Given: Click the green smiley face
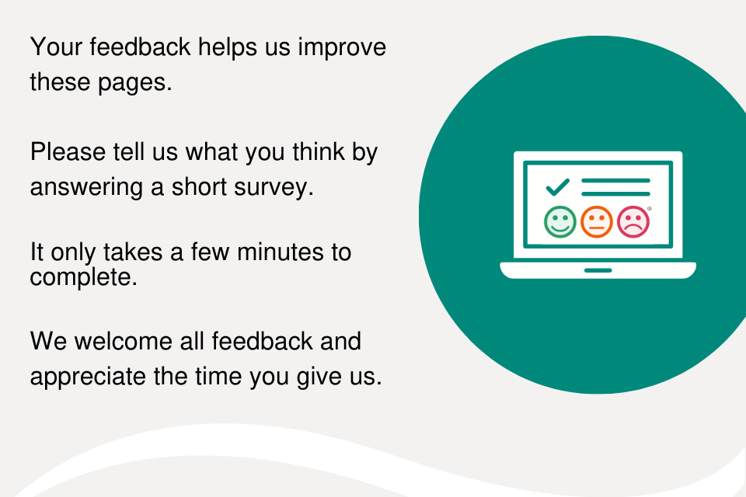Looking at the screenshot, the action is point(560,221).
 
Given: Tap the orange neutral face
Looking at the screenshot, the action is point(597,221).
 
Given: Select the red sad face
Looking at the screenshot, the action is point(633,221).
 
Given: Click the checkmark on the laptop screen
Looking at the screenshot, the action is point(558,187).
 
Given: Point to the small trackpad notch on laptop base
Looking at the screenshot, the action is point(598,270).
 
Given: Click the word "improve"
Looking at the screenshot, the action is point(342,47).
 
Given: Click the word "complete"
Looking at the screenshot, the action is point(83,276).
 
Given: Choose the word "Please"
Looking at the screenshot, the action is point(68,152).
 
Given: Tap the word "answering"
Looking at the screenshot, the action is point(86,187).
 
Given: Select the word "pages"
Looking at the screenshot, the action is point(134,83).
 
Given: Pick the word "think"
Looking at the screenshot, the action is point(319,151).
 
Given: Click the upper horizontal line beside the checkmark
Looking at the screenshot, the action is point(615,181).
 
